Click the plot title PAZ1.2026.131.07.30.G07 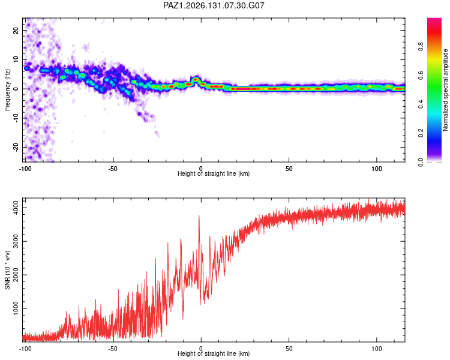pyautogui.click(x=214, y=5)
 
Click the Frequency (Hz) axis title pyautogui.click(x=7, y=90)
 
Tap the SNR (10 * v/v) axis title pyautogui.click(x=7, y=270)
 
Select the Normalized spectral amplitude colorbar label pyautogui.click(x=445, y=90)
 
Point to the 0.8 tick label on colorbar pyautogui.click(x=421, y=47)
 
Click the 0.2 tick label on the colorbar pyautogui.click(x=421, y=133)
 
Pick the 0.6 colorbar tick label pyautogui.click(x=421, y=76)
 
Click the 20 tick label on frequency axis pyautogui.click(x=16, y=30)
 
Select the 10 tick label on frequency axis pyautogui.click(x=16, y=59)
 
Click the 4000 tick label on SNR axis pyautogui.click(x=16, y=208)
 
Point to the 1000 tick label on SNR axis pyautogui.click(x=16, y=308)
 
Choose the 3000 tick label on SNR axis pyautogui.click(x=16, y=241)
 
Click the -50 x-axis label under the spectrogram pyautogui.click(x=113, y=169)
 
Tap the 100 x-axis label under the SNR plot pyautogui.click(x=377, y=349)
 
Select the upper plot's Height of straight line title pyautogui.click(x=214, y=173)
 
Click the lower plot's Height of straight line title pyautogui.click(x=214, y=353)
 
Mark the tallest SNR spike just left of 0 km pyautogui.click(x=199, y=215)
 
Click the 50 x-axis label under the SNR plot pyautogui.click(x=289, y=349)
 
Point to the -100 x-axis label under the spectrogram pyautogui.click(x=25, y=169)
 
